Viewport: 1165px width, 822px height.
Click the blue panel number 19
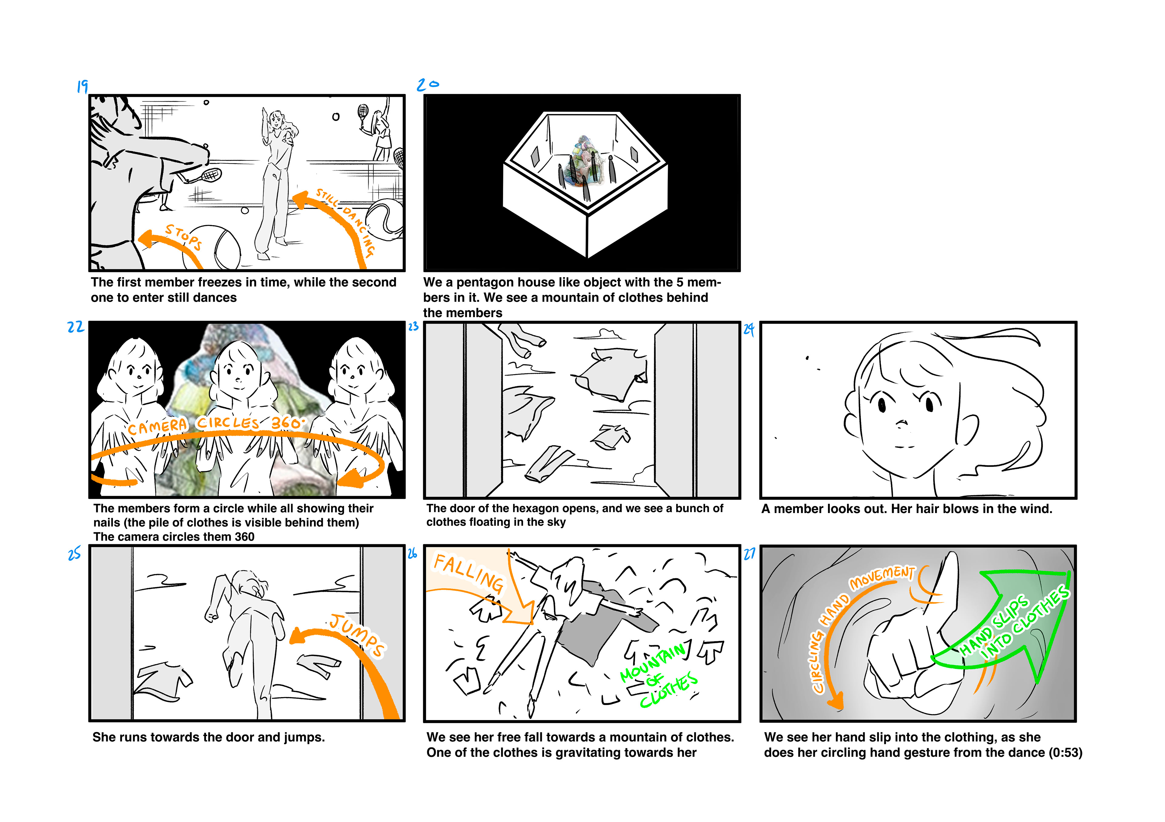(82, 86)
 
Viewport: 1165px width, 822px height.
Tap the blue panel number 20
(428, 85)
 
